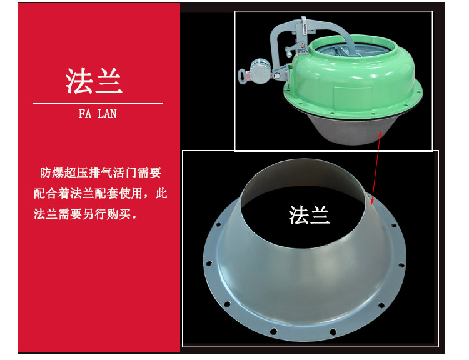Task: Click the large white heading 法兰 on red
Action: click(x=94, y=81)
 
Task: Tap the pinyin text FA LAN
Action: click(x=98, y=114)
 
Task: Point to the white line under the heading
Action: click(x=98, y=104)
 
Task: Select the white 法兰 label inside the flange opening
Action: click(x=309, y=215)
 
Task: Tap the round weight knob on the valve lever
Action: click(x=260, y=71)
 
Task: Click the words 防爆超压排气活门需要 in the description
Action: click(x=101, y=173)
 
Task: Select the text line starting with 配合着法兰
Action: click(x=100, y=194)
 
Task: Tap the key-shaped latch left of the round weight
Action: click(x=243, y=75)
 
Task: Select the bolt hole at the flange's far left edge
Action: click(x=209, y=263)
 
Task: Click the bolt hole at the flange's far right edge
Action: click(x=400, y=264)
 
